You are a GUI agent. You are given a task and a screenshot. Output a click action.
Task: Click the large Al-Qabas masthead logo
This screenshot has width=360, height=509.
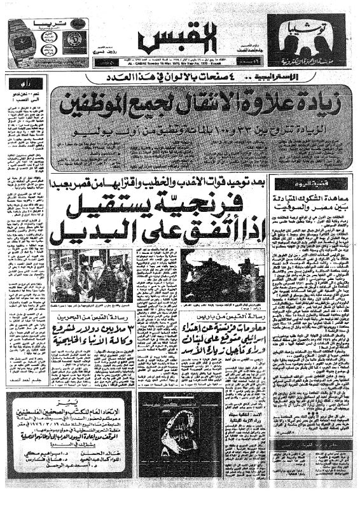click(x=181, y=39)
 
